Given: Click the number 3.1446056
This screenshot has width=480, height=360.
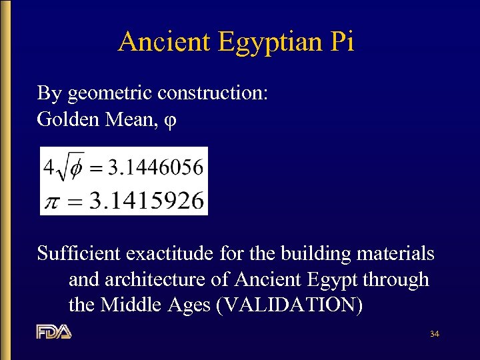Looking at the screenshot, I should pos(155,166).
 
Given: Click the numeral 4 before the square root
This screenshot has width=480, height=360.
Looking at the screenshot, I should pos(48,167).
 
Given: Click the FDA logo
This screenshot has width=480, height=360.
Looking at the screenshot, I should pos(53,331).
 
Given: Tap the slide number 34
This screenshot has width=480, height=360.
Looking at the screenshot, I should pos(434,333).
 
